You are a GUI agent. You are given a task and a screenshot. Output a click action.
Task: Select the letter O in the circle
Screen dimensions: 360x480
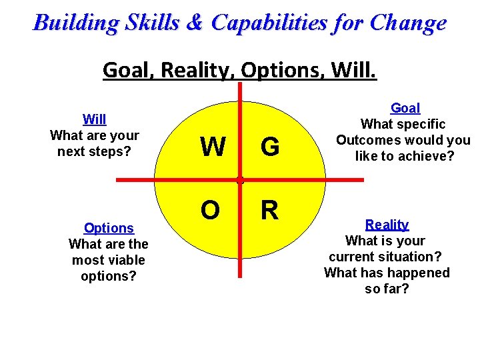click(x=210, y=210)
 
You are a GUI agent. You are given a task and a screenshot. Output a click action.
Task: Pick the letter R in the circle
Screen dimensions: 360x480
click(x=269, y=210)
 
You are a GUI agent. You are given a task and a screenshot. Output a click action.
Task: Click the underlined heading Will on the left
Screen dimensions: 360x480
click(x=94, y=119)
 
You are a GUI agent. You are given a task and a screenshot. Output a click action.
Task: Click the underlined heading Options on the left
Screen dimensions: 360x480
click(x=109, y=228)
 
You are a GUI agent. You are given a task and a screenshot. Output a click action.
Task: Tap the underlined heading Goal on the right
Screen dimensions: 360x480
click(x=405, y=108)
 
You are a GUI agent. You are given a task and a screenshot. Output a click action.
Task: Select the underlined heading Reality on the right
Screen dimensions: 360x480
click(x=387, y=225)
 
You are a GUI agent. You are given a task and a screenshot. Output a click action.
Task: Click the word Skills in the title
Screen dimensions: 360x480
click(x=152, y=23)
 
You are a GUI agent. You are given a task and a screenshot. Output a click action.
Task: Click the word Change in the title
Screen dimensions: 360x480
click(x=409, y=23)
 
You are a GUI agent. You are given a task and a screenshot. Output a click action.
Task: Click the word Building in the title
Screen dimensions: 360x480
click(x=76, y=23)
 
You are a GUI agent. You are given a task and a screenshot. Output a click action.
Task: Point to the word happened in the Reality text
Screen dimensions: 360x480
click(x=417, y=273)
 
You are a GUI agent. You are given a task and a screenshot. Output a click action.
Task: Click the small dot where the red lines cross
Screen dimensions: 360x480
click(x=239, y=180)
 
